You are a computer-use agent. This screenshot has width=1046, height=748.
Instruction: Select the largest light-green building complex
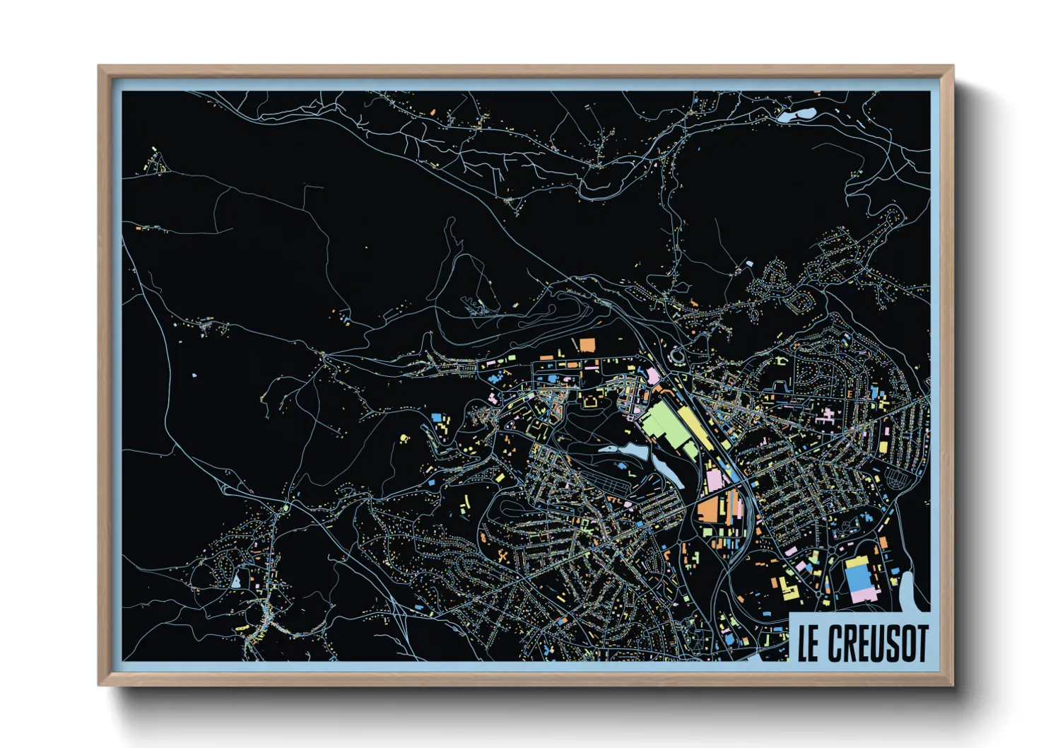click(666, 425)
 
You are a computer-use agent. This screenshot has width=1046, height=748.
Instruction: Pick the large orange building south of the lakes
click(709, 510)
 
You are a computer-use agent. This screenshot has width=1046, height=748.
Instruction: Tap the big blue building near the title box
click(859, 580)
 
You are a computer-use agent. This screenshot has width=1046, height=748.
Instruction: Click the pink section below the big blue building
click(864, 597)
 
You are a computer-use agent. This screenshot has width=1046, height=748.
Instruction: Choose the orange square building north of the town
click(587, 345)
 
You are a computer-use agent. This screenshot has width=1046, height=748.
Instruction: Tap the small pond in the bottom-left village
click(235, 580)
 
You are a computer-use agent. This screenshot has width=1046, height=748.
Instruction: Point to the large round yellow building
click(404, 438)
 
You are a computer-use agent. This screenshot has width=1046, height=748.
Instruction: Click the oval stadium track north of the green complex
click(677, 355)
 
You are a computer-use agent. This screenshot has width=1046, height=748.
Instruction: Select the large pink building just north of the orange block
click(715, 482)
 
